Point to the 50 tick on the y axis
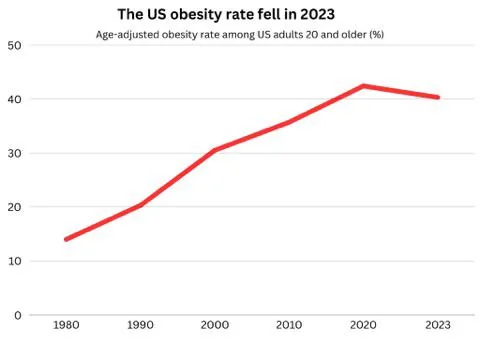pyautogui.click(x=14, y=46)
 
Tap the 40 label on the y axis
pyautogui.click(x=14, y=100)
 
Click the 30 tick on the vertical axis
pyautogui.click(x=14, y=154)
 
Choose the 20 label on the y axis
pyautogui.click(x=14, y=207)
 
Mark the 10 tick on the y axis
pyautogui.click(x=14, y=261)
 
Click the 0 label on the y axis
pyautogui.click(x=17, y=315)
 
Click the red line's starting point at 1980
pyautogui.click(x=66, y=239)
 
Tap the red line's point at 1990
pyautogui.click(x=140, y=205)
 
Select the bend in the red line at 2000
pyautogui.click(x=215, y=150)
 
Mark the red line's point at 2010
pyautogui.click(x=289, y=122)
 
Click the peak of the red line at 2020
pyautogui.click(x=363, y=86)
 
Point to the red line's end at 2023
pyautogui.click(x=437, y=97)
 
